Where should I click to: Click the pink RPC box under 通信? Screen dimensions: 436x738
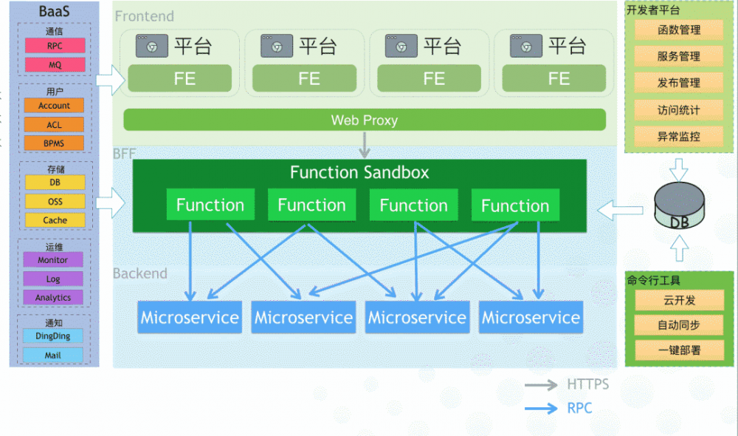[55, 46]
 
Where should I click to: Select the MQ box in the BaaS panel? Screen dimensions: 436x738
[55, 65]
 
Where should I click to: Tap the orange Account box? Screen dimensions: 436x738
[55, 106]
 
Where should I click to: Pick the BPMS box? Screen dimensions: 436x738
[55, 143]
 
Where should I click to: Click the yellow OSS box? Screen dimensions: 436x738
[55, 201]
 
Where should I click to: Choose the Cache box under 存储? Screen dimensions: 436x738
[55, 220]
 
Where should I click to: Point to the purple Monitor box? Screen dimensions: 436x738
[53, 260]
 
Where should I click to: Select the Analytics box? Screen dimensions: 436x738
[53, 298]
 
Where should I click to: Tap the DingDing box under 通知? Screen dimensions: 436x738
[53, 336]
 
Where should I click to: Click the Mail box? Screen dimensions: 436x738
[53, 355]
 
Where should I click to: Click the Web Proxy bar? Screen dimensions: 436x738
[365, 120]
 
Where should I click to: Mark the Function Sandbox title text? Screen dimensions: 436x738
[359, 173]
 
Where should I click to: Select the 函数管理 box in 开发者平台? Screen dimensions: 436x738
[679, 30]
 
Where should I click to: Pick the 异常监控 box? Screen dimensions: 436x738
[679, 137]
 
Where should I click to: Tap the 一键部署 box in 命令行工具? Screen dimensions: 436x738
[679, 350]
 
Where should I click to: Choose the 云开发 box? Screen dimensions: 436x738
[679, 301]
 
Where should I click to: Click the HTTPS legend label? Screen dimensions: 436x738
[588, 384]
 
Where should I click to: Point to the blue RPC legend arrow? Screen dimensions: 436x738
[541, 408]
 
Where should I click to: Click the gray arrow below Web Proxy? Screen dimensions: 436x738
[365, 145]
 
